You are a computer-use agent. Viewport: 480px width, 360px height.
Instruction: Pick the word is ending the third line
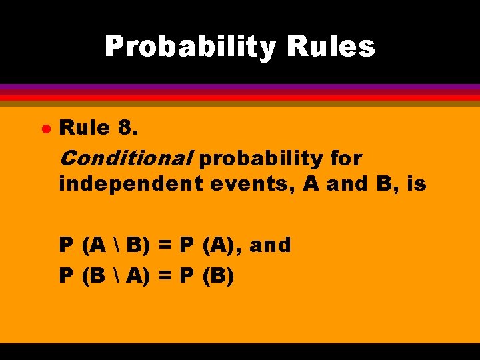pyautogui.click(x=415, y=183)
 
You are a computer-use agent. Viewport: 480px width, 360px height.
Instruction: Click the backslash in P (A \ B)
pyautogui.click(x=116, y=246)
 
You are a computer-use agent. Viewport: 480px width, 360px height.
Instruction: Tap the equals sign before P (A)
pyautogui.click(x=167, y=246)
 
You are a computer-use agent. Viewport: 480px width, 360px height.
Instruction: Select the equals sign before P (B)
pyautogui.click(x=167, y=275)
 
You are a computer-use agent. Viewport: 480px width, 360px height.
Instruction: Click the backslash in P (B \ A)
pyautogui.click(x=116, y=275)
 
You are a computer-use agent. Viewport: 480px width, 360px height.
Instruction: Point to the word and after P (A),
pyautogui.click(x=271, y=246)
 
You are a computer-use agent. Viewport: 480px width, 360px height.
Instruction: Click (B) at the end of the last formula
pyautogui.click(x=219, y=275)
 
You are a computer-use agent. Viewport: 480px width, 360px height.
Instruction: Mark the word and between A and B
pyautogui.click(x=346, y=183)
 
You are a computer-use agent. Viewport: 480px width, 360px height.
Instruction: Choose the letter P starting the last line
pyautogui.click(x=66, y=275)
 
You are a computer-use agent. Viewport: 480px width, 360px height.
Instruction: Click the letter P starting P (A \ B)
pyautogui.click(x=66, y=246)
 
